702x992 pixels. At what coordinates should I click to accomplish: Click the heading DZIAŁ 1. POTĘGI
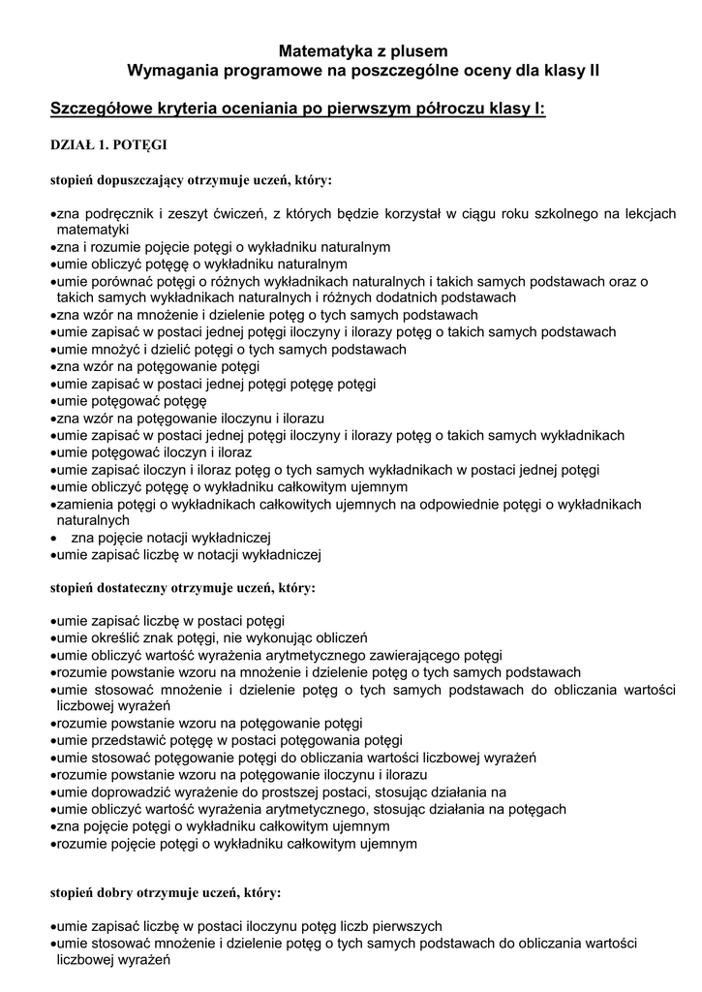[x=108, y=145]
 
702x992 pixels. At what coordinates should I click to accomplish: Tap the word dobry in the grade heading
[x=114, y=891]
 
